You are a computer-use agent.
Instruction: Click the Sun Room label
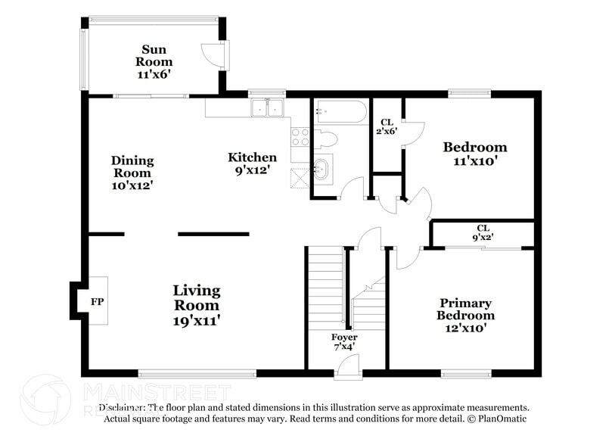tap(154, 61)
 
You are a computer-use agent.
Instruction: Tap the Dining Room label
tap(132, 173)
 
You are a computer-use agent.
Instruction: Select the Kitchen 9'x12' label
tap(253, 163)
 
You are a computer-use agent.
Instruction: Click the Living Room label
tap(196, 305)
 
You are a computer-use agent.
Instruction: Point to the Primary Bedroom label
tap(466, 315)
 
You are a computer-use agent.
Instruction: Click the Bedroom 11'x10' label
tap(474, 154)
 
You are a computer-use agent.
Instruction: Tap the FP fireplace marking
tap(97, 300)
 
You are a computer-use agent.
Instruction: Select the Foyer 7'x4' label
tap(344, 341)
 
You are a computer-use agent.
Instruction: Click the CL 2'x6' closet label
tap(387, 126)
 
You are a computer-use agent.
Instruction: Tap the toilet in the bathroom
tap(325, 140)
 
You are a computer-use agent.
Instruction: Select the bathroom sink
tap(322, 168)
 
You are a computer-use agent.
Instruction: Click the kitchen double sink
tap(266, 108)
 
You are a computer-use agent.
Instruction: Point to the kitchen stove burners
tap(300, 136)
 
